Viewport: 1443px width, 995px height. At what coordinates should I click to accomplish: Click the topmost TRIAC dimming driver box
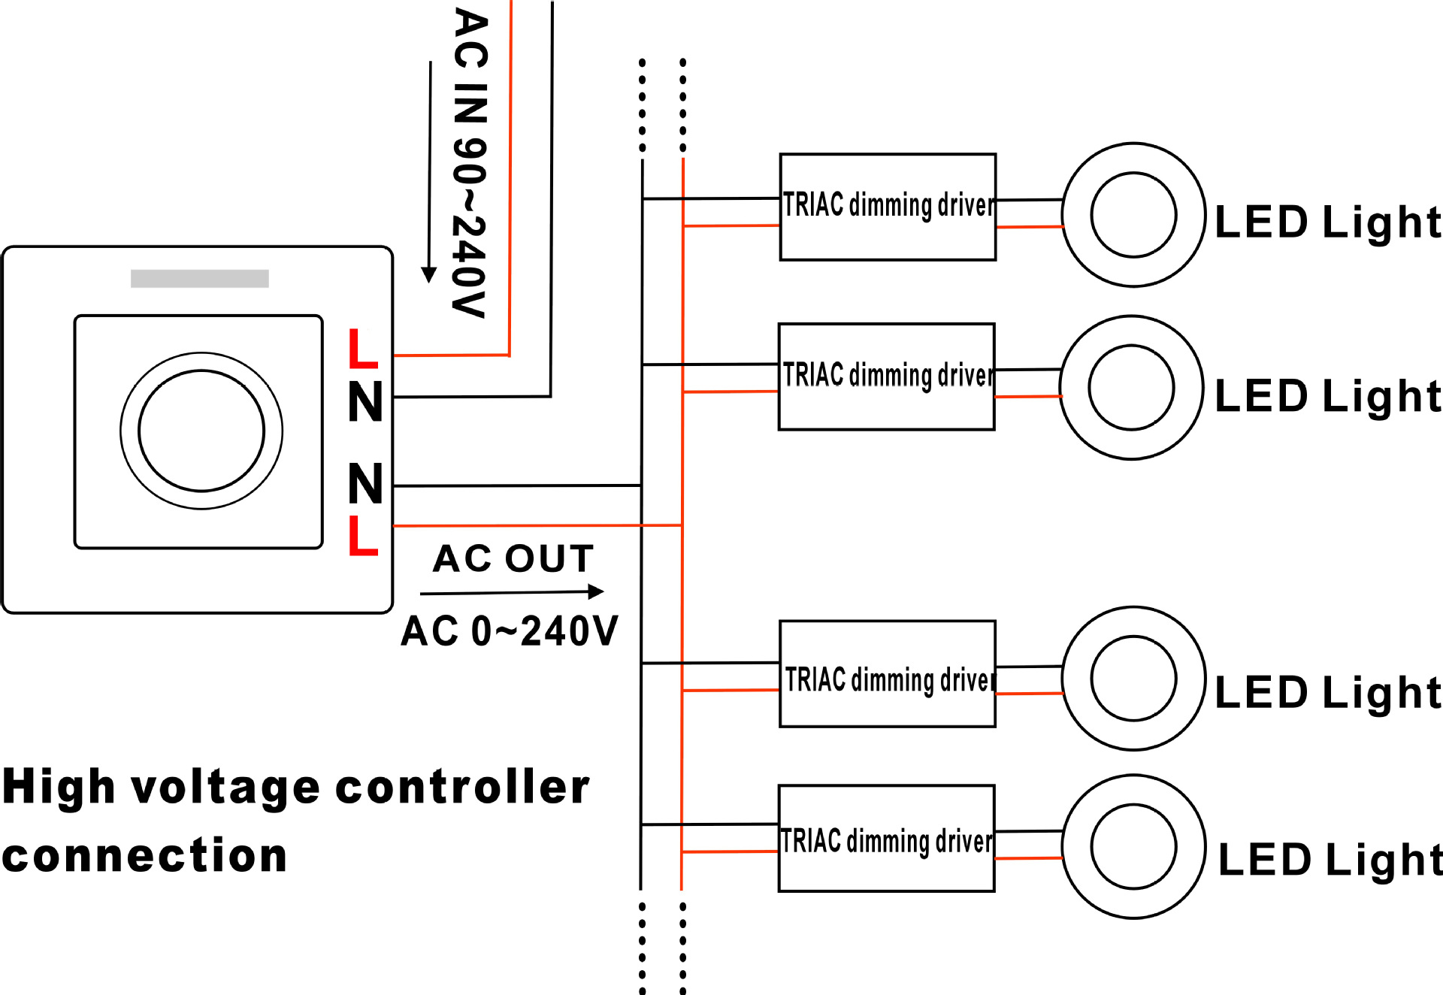tap(888, 207)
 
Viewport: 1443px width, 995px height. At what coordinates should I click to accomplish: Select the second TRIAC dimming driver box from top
tap(887, 377)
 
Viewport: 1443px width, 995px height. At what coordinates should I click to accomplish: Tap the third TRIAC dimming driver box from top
tap(888, 674)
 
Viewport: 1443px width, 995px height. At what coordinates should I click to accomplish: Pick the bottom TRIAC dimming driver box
tap(887, 839)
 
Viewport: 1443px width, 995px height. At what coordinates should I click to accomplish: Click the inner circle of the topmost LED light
tap(1133, 215)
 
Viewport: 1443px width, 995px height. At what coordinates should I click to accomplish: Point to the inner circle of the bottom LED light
tap(1133, 847)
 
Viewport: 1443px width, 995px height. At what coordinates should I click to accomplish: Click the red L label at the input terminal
tap(363, 349)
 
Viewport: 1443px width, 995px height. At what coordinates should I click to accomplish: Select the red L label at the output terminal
tap(363, 536)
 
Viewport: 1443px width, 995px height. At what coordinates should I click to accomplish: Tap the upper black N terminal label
tap(366, 402)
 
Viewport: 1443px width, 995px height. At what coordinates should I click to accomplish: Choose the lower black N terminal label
tap(366, 484)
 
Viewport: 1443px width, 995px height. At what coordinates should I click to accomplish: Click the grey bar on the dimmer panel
tap(200, 279)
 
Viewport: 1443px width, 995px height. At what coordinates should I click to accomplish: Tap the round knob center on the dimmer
tap(201, 431)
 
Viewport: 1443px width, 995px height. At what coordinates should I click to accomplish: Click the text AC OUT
tap(513, 559)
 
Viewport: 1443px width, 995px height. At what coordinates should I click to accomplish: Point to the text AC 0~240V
tap(510, 631)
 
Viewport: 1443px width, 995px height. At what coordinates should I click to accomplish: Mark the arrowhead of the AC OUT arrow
tap(596, 592)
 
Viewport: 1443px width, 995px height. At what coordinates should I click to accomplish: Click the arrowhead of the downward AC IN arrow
tap(429, 275)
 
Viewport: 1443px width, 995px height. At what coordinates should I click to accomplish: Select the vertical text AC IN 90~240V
tap(470, 162)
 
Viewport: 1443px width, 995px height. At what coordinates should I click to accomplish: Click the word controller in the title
tap(462, 788)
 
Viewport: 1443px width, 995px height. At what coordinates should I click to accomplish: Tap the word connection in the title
tap(145, 856)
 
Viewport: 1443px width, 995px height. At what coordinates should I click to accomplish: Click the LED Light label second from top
tap(1327, 396)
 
